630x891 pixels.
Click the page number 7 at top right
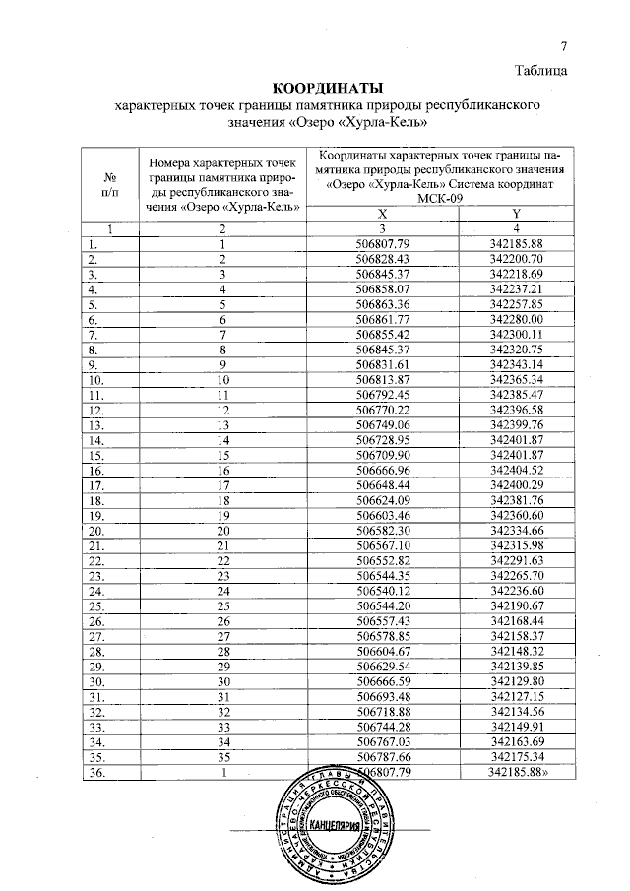564,46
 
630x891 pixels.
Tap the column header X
384,214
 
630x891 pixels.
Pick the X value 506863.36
384,304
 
